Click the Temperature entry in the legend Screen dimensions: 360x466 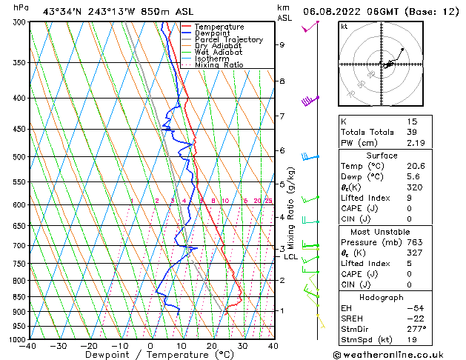click(x=220, y=27)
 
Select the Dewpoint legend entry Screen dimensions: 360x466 click(x=215, y=33)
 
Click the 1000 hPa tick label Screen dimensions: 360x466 click(x=15, y=339)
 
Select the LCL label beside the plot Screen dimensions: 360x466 click(x=290, y=257)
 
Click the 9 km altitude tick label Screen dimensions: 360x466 click(x=282, y=44)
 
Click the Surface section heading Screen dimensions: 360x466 click(x=397, y=156)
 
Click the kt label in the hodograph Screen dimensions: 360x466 click(x=344, y=26)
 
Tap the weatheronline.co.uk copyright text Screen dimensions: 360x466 click(x=398, y=355)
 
